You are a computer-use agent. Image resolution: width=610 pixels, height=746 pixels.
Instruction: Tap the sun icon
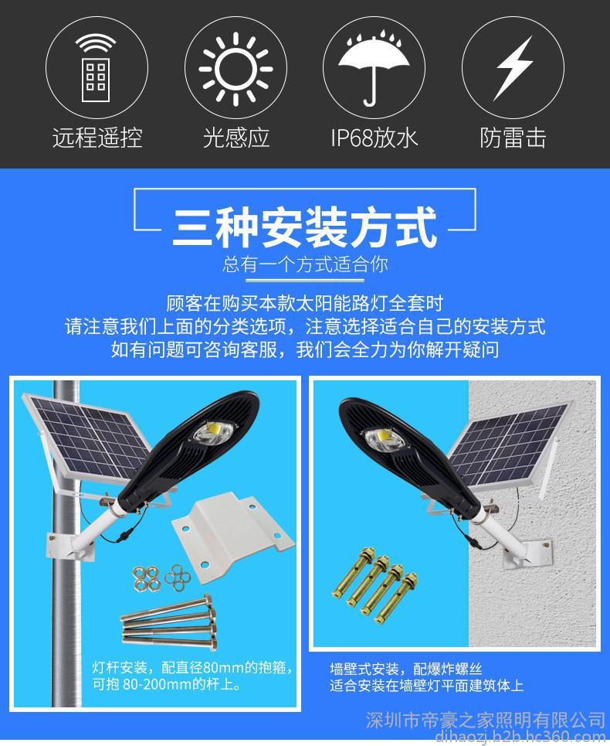(236, 70)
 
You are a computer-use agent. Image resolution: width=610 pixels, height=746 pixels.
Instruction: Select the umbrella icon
(374, 67)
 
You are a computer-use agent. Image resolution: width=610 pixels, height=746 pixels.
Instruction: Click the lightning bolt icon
(513, 68)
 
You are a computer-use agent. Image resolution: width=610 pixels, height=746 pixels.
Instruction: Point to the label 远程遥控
(97, 138)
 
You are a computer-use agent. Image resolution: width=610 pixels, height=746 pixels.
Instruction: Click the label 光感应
(236, 138)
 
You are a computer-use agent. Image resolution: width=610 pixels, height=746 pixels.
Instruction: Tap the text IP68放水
(374, 138)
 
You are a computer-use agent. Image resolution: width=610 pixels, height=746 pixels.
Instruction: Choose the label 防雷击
(513, 138)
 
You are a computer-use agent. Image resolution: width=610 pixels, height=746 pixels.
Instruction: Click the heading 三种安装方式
(304, 227)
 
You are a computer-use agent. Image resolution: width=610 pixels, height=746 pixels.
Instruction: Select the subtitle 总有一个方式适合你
(305, 264)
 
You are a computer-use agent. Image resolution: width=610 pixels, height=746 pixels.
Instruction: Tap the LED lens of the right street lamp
(383, 438)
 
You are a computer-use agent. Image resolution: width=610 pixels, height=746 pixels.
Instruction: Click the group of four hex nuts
(147, 579)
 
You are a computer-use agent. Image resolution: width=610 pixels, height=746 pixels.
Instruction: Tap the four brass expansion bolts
(375, 586)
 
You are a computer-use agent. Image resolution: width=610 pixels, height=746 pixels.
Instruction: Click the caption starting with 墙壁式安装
(427, 677)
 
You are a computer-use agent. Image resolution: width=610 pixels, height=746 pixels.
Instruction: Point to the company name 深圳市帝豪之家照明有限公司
(485, 720)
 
